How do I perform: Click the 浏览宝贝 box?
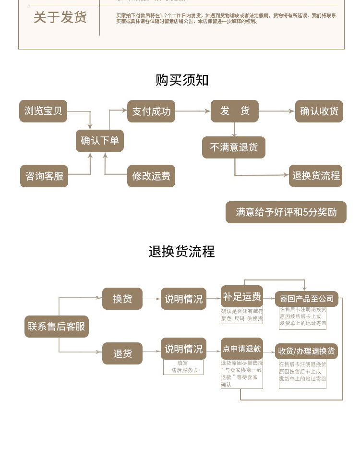[x=43, y=111]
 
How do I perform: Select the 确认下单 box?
[x=99, y=141]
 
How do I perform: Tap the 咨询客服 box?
[x=44, y=176]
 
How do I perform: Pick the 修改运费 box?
[x=151, y=176]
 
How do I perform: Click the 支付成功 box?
[x=151, y=111]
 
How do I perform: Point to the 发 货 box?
[x=235, y=111]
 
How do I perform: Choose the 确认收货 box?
[x=319, y=111]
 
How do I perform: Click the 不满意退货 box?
[x=234, y=147]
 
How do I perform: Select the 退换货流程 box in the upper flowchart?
[x=316, y=176]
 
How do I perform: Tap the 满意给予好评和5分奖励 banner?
[x=286, y=212]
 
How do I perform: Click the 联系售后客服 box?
[x=57, y=327]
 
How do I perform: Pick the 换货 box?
[x=122, y=299]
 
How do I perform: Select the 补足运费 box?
[x=242, y=296]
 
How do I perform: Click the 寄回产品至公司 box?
[x=307, y=299]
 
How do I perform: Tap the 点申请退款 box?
[x=242, y=349]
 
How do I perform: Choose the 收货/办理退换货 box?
[x=307, y=351]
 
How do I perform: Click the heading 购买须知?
[x=182, y=80]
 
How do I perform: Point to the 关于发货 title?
[x=60, y=17]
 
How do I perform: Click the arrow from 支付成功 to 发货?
[x=193, y=111]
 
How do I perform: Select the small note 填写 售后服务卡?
[x=183, y=367]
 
